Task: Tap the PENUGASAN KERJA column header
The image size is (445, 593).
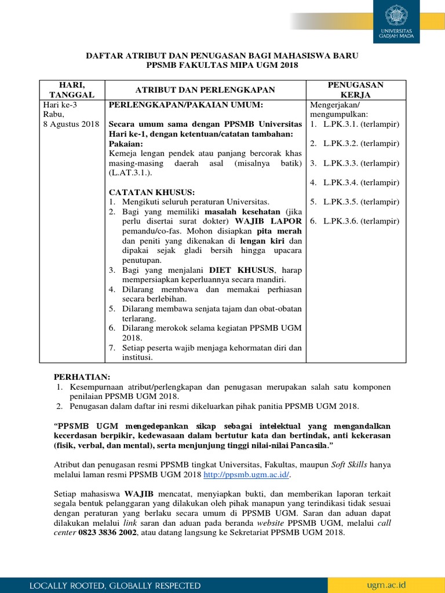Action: (356, 90)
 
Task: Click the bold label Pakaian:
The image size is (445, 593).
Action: (125, 144)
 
